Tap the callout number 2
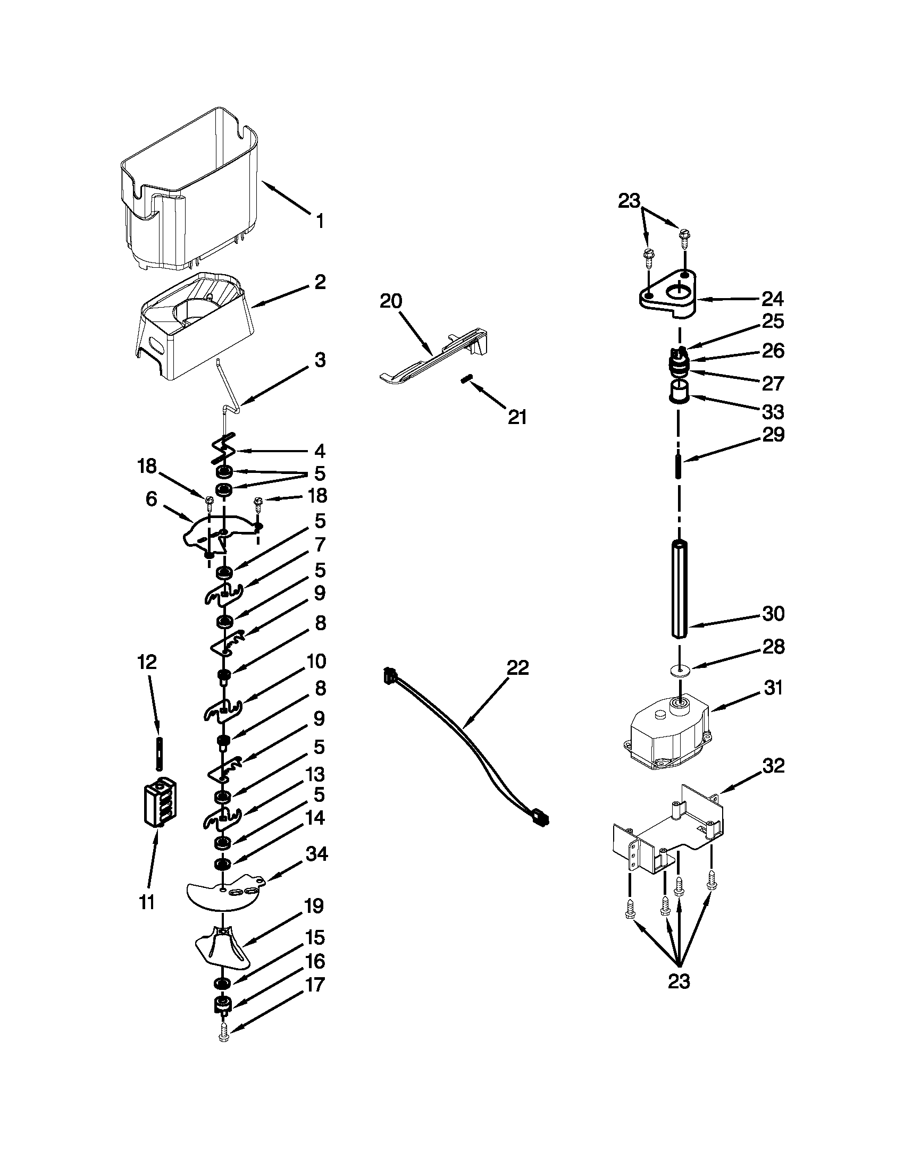click(320, 282)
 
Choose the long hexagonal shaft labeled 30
click(679, 589)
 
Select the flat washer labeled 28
click(679, 670)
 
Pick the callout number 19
click(314, 907)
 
